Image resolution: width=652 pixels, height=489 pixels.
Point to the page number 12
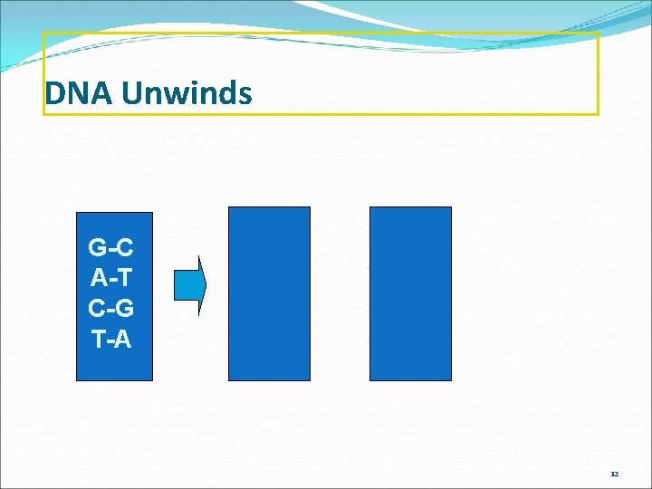[x=614, y=474]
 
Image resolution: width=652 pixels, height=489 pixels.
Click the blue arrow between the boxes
[x=203, y=284]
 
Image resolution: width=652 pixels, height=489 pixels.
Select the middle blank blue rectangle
[x=269, y=293]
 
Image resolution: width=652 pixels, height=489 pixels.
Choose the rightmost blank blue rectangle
[x=410, y=293]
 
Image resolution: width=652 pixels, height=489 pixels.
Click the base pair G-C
[x=111, y=247]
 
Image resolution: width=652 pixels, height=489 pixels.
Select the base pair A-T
[x=111, y=278]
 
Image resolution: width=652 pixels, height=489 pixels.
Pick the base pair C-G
[x=111, y=309]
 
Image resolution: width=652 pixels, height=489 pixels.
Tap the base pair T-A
[x=111, y=340]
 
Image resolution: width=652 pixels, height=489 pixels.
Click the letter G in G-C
[x=97, y=247]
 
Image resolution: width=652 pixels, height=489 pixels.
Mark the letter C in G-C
[x=126, y=247]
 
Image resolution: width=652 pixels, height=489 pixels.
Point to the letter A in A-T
[x=98, y=278]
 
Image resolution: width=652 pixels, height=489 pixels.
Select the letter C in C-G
[x=97, y=309]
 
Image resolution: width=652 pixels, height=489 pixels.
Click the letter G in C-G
[x=126, y=309]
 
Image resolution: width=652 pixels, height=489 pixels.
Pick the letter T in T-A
[x=98, y=340]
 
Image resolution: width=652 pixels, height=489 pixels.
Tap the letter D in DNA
[x=53, y=93]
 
